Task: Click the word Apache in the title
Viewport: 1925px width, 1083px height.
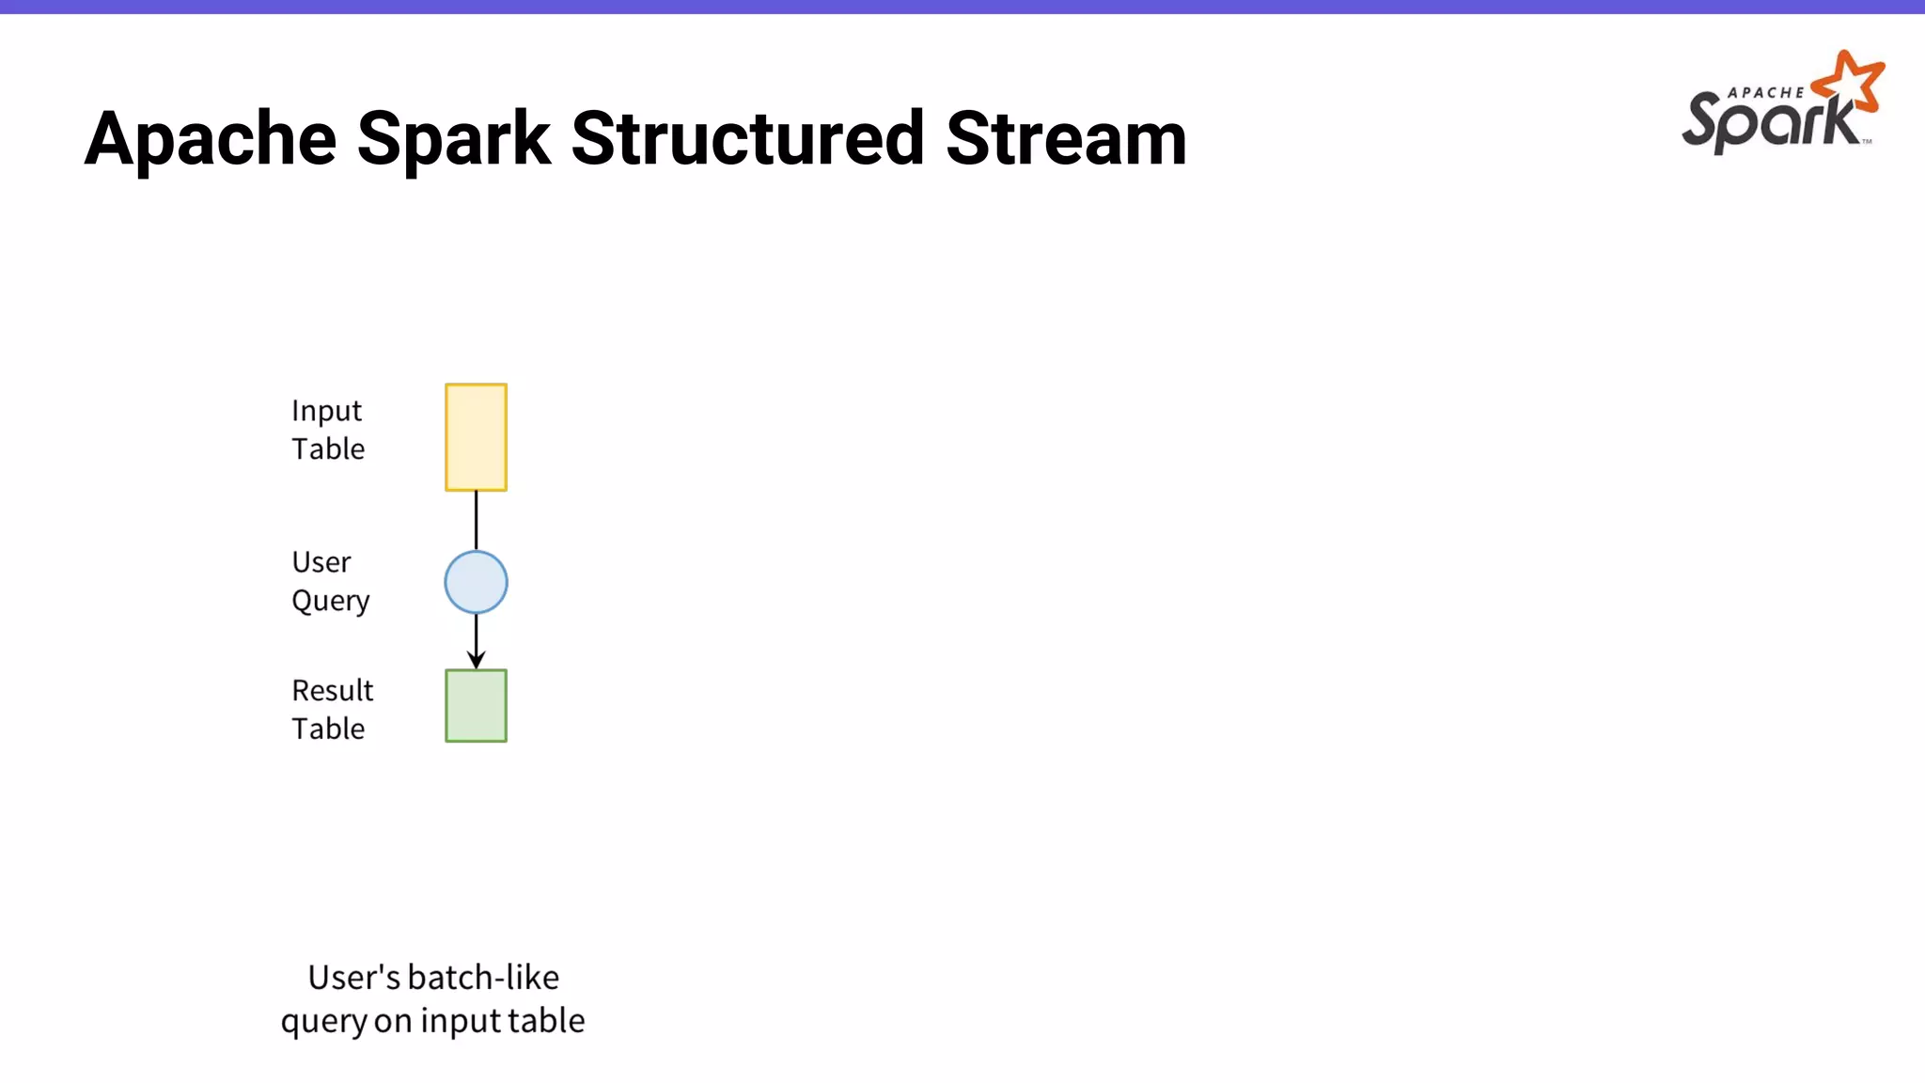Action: tap(211, 138)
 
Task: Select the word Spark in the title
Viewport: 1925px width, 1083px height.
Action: tap(453, 138)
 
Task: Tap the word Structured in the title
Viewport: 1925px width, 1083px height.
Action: tap(747, 138)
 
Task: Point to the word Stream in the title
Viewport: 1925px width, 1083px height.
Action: tap(1066, 138)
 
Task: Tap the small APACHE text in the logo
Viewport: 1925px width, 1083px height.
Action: tap(1765, 93)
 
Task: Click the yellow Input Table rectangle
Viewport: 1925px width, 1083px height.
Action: tap(476, 437)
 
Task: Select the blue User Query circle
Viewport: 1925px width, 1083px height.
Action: tap(476, 582)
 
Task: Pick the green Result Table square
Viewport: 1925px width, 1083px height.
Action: tap(476, 705)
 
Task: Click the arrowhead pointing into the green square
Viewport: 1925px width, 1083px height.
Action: tap(476, 660)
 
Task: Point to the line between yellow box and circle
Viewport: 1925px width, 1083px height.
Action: tap(476, 520)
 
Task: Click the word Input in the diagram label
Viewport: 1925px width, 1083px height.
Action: tap(326, 412)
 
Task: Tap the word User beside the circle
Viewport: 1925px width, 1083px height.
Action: tap(321, 562)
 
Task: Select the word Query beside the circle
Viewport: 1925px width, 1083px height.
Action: tap(330, 601)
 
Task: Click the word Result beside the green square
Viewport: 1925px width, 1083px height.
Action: tap(332, 691)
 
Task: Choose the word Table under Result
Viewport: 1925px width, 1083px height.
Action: tap(328, 729)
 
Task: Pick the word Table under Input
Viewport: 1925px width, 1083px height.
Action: tap(328, 449)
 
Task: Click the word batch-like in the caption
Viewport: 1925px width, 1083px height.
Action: tap(483, 978)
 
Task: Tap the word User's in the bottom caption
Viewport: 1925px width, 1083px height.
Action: tap(354, 978)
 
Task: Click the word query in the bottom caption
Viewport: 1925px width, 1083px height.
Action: tap(323, 1022)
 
